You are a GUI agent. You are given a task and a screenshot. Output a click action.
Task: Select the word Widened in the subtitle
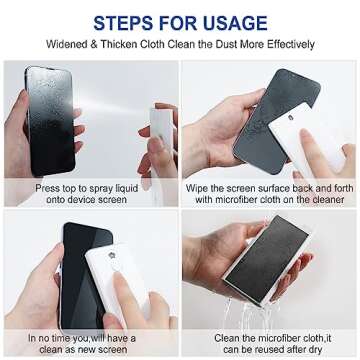pos(66,44)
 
